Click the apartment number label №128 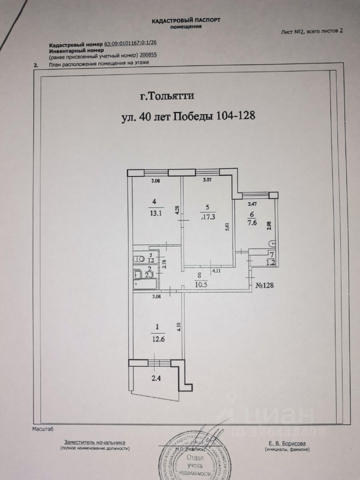267,286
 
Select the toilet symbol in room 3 139,259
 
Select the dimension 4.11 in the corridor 216,271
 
